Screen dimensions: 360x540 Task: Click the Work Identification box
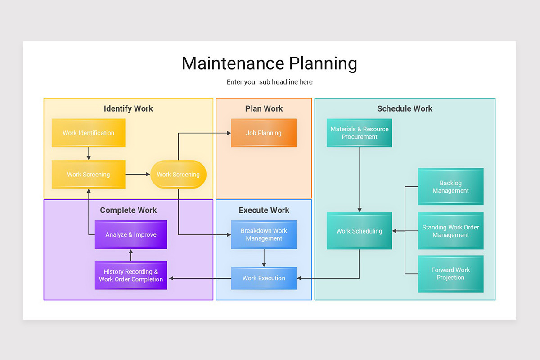(88, 133)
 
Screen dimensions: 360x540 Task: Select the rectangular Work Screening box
(88, 174)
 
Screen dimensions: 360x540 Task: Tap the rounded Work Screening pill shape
(178, 174)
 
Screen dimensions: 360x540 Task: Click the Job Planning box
(264, 133)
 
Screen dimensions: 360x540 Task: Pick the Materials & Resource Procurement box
(359, 133)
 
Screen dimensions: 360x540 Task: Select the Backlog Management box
(450, 187)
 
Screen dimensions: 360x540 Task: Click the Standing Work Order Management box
(450, 231)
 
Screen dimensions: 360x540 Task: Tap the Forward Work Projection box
(450, 274)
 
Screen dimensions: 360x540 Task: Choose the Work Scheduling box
(359, 231)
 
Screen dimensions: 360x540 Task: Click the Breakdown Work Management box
(264, 234)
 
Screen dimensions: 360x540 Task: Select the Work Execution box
(264, 278)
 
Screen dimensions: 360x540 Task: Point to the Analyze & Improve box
(131, 234)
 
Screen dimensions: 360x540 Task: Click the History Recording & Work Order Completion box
(131, 275)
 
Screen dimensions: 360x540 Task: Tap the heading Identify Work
(128, 108)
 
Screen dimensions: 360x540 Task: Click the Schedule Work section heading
(405, 108)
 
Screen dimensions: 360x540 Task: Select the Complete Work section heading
(128, 210)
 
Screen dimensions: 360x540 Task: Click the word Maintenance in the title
(233, 63)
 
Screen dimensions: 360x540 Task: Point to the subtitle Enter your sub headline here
(270, 82)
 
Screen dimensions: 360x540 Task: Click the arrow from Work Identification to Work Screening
(89, 153)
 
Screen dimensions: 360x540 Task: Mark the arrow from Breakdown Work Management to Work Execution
(264, 258)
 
